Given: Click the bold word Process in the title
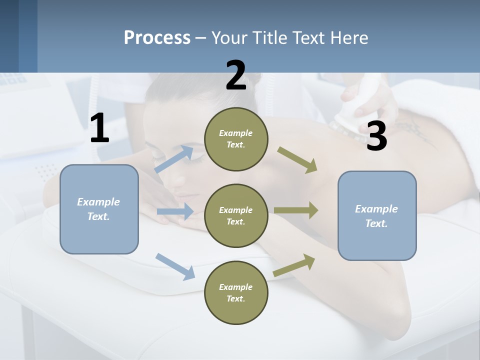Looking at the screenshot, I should click(157, 38).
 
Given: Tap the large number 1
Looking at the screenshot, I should click(99, 128).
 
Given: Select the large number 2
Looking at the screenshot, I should click(236, 75).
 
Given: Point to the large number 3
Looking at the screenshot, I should click(376, 136).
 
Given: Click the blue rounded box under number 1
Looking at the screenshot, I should click(99, 209).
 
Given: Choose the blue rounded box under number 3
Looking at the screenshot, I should click(377, 215).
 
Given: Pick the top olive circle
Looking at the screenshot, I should click(236, 139).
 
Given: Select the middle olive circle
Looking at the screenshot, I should click(236, 215).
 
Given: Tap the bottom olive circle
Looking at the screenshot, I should click(236, 292).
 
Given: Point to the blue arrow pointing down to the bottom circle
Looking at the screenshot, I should click(175, 266).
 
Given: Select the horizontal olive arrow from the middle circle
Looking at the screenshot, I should click(296, 210).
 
